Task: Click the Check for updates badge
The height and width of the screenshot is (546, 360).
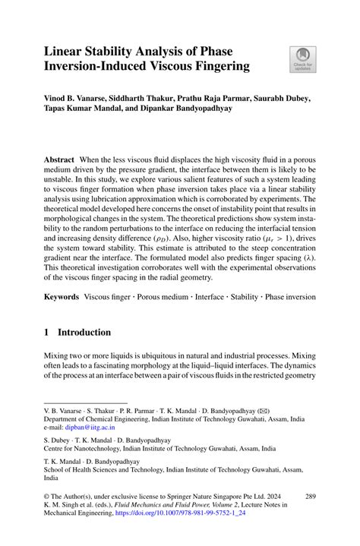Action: click(302, 59)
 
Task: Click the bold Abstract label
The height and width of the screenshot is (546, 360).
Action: click(59, 159)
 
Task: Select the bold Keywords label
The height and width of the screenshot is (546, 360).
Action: click(62, 292)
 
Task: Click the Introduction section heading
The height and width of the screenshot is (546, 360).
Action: click(84, 333)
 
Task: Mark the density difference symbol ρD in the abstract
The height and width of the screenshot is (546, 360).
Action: click(163, 238)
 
